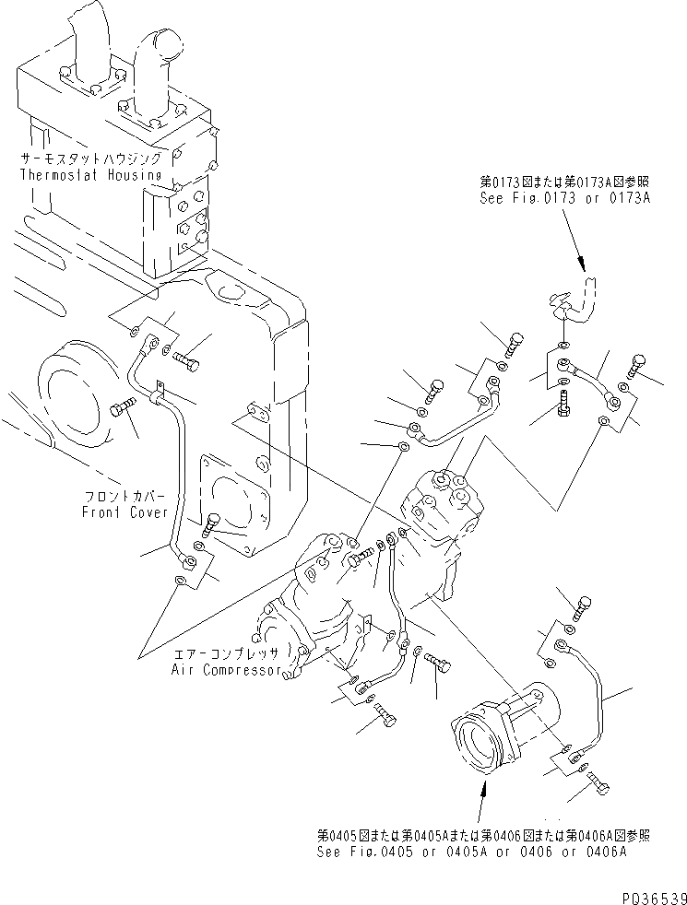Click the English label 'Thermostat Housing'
point(90,174)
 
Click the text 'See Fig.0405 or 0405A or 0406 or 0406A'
point(471,852)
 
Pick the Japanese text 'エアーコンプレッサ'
point(225,653)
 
